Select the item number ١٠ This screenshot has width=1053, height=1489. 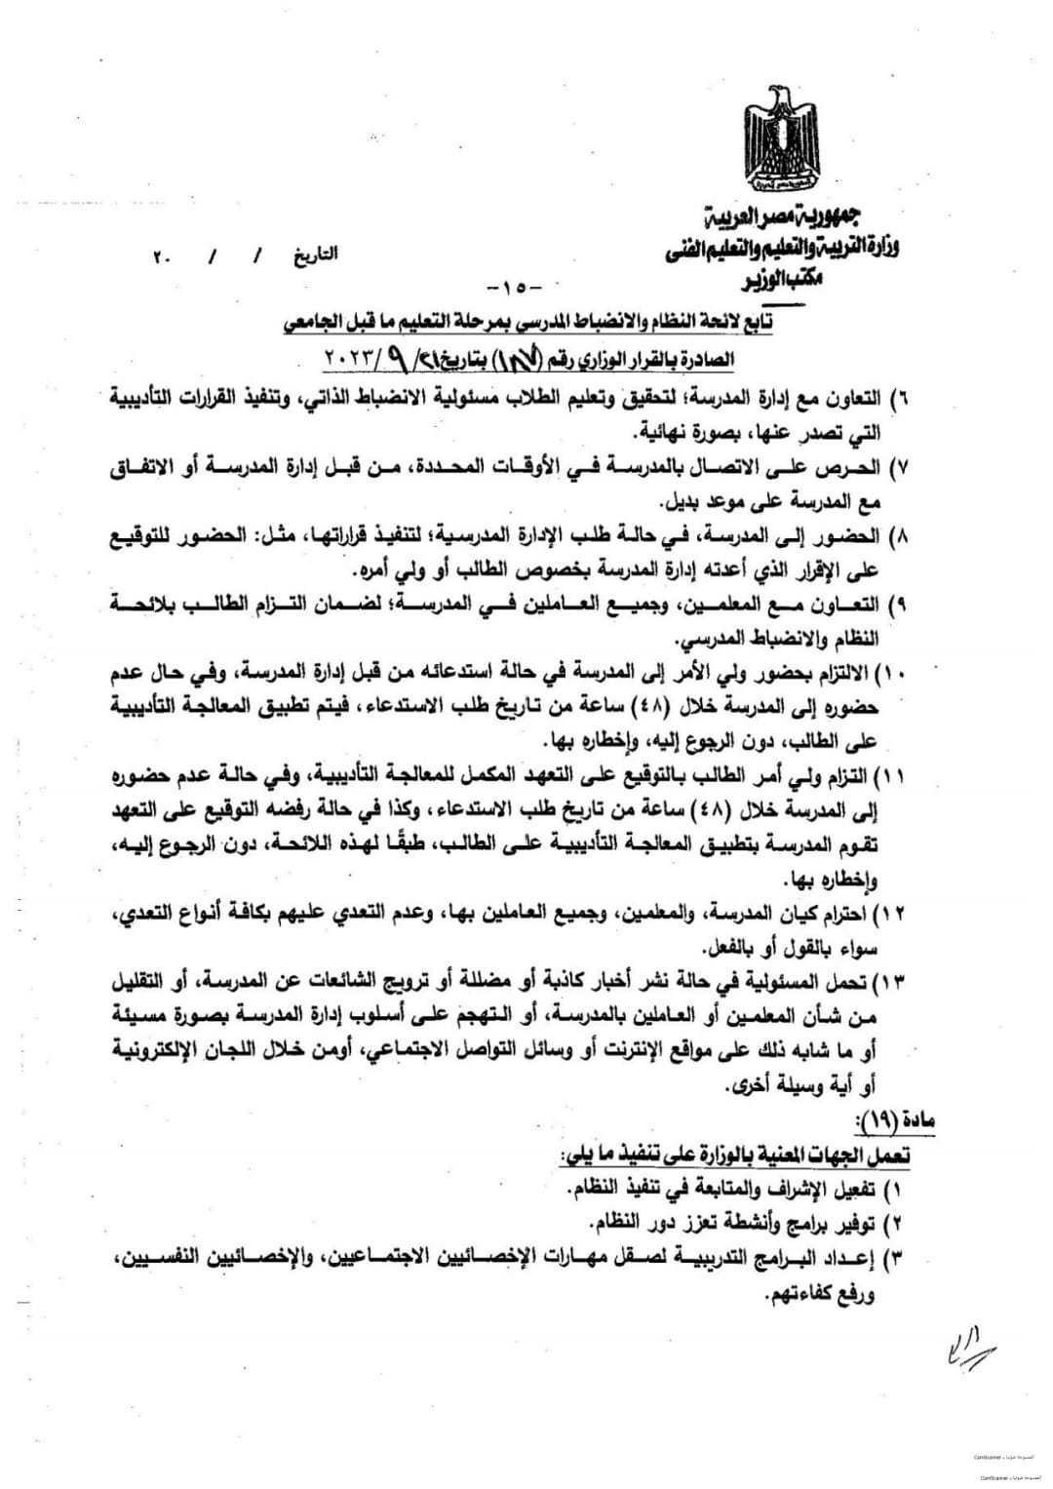click(x=895, y=675)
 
